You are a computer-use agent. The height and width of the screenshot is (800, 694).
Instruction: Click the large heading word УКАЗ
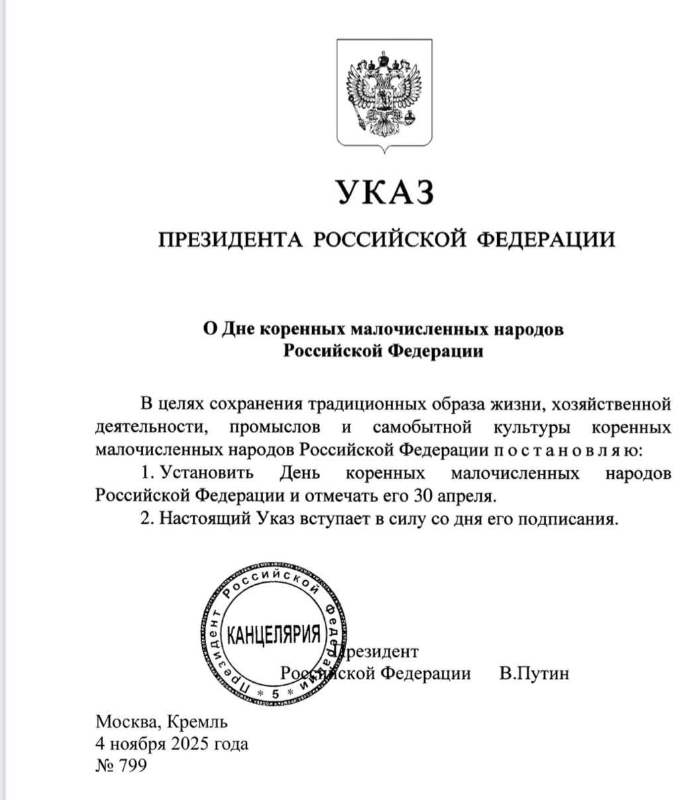click(x=384, y=193)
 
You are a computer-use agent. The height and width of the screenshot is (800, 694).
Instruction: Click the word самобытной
click(x=418, y=426)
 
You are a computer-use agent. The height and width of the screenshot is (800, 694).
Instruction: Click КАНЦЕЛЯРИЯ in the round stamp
click(x=274, y=635)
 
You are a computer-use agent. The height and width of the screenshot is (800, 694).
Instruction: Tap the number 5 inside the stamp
click(x=276, y=693)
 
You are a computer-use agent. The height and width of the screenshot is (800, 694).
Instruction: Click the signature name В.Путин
click(x=534, y=674)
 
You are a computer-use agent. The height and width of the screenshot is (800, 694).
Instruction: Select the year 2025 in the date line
click(x=189, y=744)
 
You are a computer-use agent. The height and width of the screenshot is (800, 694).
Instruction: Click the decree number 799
click(x=133, y=766)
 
